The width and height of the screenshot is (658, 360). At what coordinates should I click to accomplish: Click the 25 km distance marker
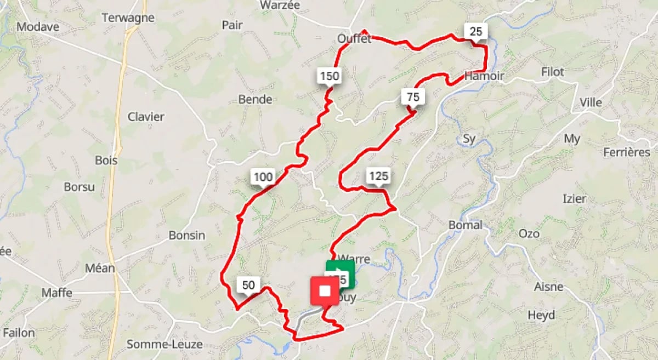(x=475, y=32)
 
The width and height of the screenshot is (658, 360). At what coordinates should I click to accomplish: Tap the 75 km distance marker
(x=413, y=97)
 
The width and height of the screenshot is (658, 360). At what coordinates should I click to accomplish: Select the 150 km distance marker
(x=329, y=76)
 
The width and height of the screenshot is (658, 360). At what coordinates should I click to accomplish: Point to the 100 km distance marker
(x=263, y=177)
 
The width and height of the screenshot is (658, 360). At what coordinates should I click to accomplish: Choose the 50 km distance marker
(x=248, y=285)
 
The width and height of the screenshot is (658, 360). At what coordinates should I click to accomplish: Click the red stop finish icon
(x=325, y=290)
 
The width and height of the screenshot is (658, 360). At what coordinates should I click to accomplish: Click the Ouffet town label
(x=354, y=39)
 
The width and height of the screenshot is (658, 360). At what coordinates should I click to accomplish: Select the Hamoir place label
(x=484, y=76)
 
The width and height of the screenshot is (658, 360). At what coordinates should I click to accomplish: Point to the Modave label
(x=37, y=27)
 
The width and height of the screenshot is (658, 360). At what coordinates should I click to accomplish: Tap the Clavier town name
(x=146, y=117)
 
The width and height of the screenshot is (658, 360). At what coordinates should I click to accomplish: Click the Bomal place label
(x=466, y=225)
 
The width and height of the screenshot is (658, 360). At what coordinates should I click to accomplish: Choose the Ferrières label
(x=627, y=152)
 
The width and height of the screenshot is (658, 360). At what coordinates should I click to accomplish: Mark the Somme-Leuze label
(x=164, y=345)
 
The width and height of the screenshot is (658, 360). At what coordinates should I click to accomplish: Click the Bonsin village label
(x=187, y=236)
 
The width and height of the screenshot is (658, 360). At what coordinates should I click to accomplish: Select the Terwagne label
(x=128, y=18)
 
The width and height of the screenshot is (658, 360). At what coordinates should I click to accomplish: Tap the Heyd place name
(x=541, y=315)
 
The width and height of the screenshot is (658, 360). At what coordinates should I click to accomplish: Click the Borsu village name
(x=80, y=187)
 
